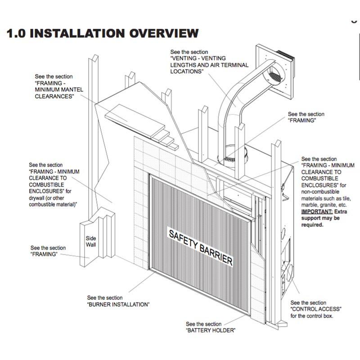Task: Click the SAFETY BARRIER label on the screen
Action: pos(200,247)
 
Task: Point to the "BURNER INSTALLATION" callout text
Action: pos(118,304)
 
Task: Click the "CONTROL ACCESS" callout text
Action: pos(316,309)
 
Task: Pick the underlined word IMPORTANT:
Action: pos(315,211)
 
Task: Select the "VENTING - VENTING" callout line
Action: pos(198,58)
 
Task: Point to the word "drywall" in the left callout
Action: pos(38,198)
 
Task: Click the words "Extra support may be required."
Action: pos(322,218)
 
